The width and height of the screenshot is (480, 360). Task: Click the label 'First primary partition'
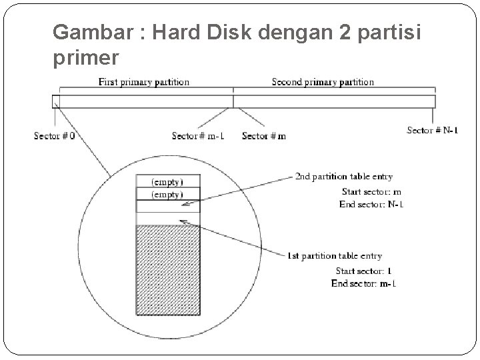(x=143, y=82)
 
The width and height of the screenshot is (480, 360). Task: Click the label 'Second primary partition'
(x=323, y=82)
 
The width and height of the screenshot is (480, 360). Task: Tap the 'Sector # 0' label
(x=54, y=136)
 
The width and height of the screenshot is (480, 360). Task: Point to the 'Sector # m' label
(x=263, y=136)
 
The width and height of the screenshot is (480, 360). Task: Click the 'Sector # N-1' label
(x=432, y=131)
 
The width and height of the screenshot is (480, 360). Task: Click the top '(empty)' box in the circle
(x=167, y=181)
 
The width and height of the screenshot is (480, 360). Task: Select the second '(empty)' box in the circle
(x=167, y=194)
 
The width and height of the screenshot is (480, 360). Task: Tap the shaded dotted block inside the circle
(x=167, y=269)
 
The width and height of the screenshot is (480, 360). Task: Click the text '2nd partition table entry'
(x=343, y=177)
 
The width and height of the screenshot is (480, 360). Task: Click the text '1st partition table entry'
(x=334, y=255)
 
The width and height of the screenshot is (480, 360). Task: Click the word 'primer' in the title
(x=85, y=58)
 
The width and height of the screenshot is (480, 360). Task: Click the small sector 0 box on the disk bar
(x=55, y=101)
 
